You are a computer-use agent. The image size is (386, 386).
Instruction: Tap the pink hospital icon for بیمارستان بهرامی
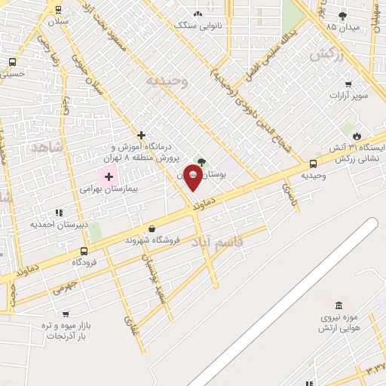tap(109, 177)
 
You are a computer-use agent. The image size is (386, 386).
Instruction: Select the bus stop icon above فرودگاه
tap(84, 251)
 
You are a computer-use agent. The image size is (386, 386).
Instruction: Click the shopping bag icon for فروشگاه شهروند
tap(152, 228)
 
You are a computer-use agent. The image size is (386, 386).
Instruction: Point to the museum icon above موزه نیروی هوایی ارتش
tap(337, 306)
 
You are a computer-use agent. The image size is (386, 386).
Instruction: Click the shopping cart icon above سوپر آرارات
tap(348, 84)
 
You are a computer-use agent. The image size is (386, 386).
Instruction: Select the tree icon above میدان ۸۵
tap(343, 15)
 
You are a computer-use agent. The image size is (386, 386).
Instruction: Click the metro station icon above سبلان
tap(58, 9)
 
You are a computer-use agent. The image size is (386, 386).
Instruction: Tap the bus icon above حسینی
tap(12, 62)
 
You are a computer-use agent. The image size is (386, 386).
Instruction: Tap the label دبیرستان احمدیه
tap(60, 224)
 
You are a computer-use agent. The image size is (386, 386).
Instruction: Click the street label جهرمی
tap(66, 289)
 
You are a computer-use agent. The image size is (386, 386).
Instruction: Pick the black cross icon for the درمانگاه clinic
tap(141, 135)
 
